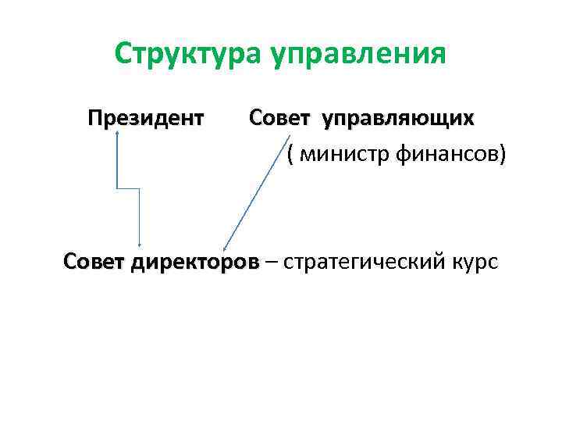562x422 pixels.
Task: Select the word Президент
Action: click(x=146, y=119)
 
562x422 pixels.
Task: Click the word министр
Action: click(x=336, y=155)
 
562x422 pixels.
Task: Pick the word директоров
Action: click(x=192, y=261)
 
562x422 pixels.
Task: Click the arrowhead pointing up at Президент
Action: click(x=116, y=134)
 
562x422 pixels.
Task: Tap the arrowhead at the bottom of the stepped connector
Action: click(x=139, y=245)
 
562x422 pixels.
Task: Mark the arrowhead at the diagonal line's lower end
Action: click(x=225, y=247)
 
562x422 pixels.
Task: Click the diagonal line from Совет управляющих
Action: click(x=258, y=191)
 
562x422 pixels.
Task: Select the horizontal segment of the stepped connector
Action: click(x=127, y=188)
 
